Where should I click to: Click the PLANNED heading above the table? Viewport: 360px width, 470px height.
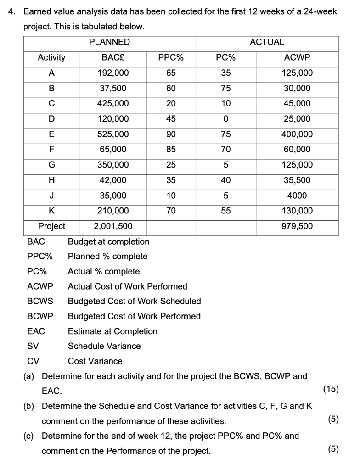[109, 42]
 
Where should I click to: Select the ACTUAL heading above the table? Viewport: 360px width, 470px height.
[267, 42]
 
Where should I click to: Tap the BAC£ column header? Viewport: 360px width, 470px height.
[113, 57]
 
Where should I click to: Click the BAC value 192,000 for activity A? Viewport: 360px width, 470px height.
[113, 73]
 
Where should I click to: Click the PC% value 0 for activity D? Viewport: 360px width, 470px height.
[226, 119]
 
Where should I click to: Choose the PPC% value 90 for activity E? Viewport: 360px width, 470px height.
[171, 134]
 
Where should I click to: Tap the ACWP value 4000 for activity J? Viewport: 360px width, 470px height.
[297, 196]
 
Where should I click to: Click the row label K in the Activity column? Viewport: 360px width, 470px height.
[51, 211]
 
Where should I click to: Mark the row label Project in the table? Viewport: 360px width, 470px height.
[51, 226]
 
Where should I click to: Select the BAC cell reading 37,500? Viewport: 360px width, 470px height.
[113, 88]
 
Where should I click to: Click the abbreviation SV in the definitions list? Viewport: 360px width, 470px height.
[33, 346]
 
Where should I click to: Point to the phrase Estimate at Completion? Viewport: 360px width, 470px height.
[112, 331]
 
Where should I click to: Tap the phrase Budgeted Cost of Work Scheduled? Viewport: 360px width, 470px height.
[134, 302]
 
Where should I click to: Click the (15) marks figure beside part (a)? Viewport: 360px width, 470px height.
[331, 390]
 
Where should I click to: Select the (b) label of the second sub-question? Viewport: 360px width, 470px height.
[30, 406]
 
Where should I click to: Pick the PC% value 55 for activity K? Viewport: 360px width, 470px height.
[226, 211]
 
